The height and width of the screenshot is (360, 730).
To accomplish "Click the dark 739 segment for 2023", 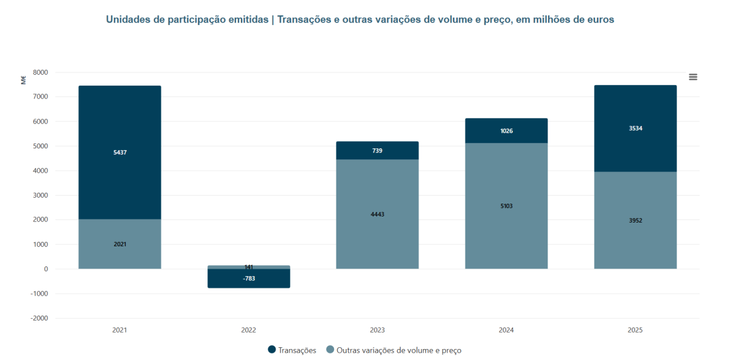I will click(x=377, y=150).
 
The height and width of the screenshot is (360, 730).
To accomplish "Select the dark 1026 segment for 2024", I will click(x=506, y=131).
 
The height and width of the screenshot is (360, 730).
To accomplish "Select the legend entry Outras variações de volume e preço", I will click(x=398, y=350).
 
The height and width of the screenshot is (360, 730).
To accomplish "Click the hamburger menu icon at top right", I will click(x=693, y=77).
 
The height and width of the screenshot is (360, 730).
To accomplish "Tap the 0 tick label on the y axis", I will click(x=46, y=269).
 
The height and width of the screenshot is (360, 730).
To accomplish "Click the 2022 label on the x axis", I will click(x=248, y=330).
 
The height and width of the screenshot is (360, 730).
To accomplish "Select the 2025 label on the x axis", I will click(x=635, y=330).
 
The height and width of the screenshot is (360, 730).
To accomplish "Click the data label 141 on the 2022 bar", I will click(x=248, y=267).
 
